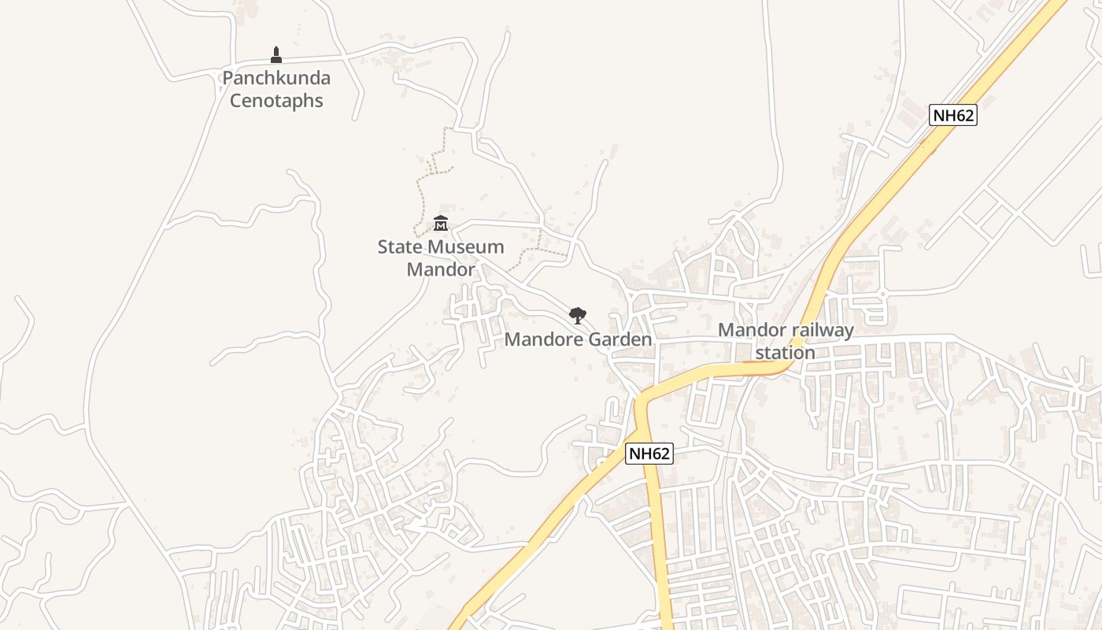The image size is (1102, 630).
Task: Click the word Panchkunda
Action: pyautogui.click(x=275, y=78)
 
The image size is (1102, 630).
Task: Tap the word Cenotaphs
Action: pyautogui.click(x=275, y=101)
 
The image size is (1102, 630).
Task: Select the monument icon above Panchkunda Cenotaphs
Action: pyautogui.click(x=275, y=54)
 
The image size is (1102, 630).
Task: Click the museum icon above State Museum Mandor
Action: pyautogui.click(x=441, y=224)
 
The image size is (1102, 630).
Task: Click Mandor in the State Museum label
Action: pyautogui.click(x=441, y=269)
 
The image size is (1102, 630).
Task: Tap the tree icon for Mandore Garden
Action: pyautogui.click(x=578, y=316)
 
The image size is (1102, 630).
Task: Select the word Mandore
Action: pyautogui.click(x=540, y=339)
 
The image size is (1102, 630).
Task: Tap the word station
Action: pyautogui.click(x=785, y=352)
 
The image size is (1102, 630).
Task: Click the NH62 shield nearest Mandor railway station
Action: pyautogui.click(x=649, y=454)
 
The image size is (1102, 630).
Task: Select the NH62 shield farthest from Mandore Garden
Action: pyautogui.click(x=952, y=115)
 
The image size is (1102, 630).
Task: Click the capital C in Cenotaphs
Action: pyautogui.click(x=236, y=101)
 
